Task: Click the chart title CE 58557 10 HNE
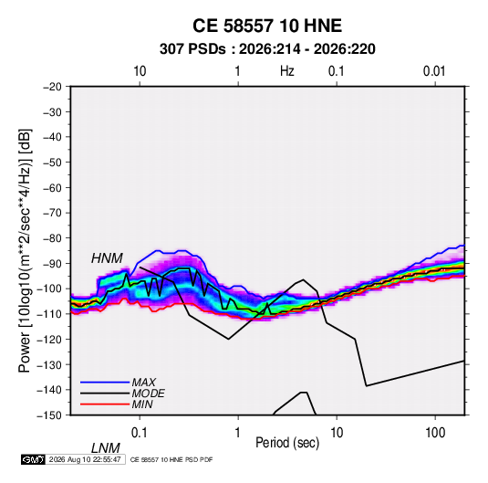[x=267, y=26]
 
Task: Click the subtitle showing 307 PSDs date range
[x=267, y=49]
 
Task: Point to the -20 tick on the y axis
[x=52, y=87]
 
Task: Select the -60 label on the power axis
[x=52, y=187]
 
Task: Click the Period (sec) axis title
[x=287, y=443]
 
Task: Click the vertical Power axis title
[x=25, y=251]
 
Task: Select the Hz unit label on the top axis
[x=287, y=71]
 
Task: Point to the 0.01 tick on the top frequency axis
[x=434, y=71]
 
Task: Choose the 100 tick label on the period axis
[x=435, y=433]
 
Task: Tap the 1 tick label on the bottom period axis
[x=237, y=433]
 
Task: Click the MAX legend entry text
[x=144, y=382]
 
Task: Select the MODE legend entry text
[x=148, y=394]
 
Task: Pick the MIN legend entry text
[x=142, y=404]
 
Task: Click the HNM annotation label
[x=107, y=258]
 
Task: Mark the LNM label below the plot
[x=106, y=448]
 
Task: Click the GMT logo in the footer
[x=34, y=459]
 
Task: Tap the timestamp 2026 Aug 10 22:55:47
[x=85, y=459]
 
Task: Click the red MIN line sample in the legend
[x=105, y=404]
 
